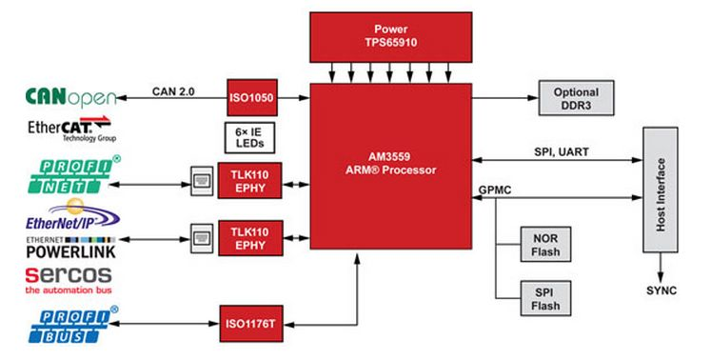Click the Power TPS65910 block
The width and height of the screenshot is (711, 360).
coord(390,37)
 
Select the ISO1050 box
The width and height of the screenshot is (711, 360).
coord(251,96)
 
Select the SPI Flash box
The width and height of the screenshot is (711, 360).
coord(544,299)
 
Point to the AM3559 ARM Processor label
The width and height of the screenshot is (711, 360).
coord(390,164)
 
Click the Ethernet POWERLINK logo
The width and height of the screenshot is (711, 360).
coord(62,247)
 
